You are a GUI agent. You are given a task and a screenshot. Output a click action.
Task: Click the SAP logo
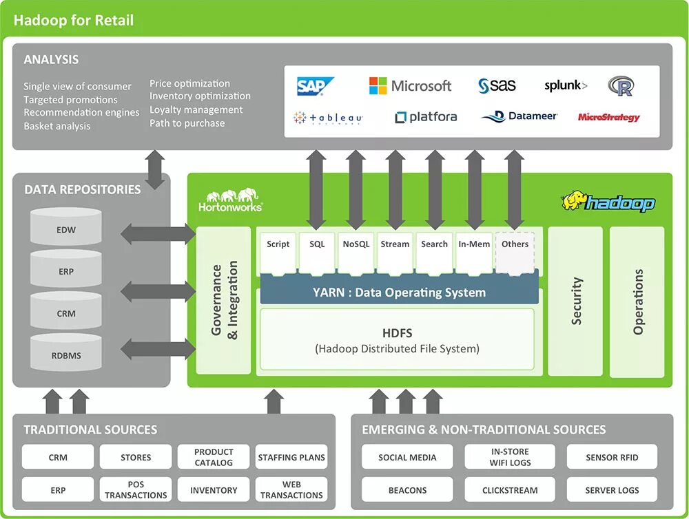[315, 86]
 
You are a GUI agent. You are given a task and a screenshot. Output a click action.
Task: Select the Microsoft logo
[411, 85]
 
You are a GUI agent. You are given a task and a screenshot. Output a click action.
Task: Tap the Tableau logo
[328, 118]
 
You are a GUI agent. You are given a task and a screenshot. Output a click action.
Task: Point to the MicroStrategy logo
[608, 117]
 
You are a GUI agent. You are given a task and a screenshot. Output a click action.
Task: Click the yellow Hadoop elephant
[574, 200]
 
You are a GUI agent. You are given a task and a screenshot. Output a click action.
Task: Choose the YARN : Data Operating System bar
[399, 292]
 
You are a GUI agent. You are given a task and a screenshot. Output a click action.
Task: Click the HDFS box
[397, 341]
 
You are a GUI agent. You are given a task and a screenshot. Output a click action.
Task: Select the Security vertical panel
[575, 301]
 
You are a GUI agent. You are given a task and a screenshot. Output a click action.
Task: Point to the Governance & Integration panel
[224, 300]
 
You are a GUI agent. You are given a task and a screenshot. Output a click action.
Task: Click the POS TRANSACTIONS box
[136, 489]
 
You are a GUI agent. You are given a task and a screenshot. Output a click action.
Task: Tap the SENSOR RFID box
[612, 457]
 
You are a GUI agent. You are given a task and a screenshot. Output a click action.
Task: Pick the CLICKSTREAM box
[510, 490]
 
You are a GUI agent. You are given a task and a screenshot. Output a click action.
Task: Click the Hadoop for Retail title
[74, 20]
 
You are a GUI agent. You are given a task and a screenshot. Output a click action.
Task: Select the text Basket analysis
[57, 126]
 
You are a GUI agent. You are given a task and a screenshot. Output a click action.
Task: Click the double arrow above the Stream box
[395, 189]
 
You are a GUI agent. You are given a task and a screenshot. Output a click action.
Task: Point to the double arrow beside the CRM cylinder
[158, 291]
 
